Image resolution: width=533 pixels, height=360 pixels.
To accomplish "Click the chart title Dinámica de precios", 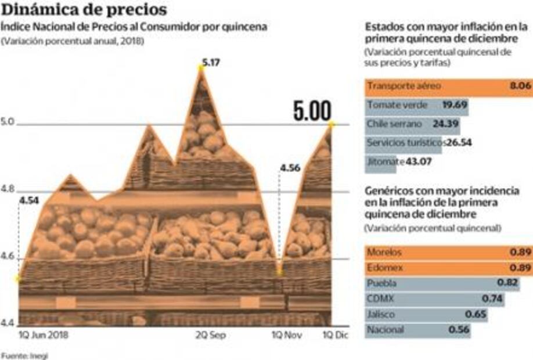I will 84,10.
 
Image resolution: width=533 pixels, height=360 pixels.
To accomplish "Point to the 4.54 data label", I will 29,201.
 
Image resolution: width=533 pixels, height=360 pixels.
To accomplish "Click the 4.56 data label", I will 290,168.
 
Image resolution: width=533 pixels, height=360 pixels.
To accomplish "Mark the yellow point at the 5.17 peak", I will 201,68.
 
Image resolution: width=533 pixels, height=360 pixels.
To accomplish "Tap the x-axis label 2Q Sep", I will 210,336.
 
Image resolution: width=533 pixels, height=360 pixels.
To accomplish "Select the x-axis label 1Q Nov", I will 287,336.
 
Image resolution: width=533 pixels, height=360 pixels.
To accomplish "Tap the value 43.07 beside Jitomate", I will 416,161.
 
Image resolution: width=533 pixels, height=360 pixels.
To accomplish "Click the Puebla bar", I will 434,283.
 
